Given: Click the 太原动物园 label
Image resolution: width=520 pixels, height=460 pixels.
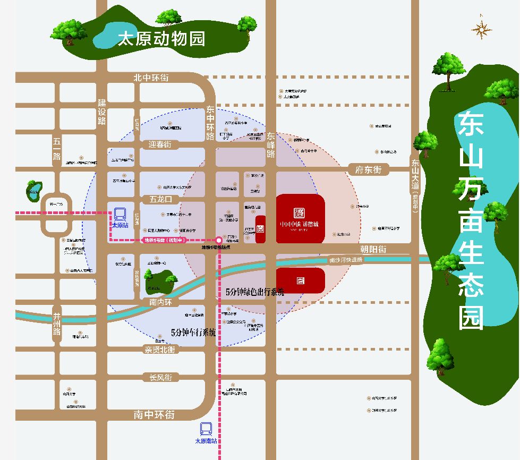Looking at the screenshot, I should (161, 39).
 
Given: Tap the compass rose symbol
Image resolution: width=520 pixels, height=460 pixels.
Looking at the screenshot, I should (481, 30).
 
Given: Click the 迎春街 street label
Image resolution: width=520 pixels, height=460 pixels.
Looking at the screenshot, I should (160, 144).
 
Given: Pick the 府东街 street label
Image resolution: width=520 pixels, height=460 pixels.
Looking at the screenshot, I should (369, 170).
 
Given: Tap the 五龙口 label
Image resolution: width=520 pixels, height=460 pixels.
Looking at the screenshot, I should (161, 200).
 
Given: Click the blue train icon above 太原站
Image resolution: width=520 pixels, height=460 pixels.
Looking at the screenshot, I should (120, 214).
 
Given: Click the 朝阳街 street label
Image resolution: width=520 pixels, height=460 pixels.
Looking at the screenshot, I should (373, 249).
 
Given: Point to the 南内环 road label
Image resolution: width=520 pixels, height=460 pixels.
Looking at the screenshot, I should (162, 302).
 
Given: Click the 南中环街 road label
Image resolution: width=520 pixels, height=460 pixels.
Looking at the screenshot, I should (154, 415).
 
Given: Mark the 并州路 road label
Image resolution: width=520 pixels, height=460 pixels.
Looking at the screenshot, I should (57, 325).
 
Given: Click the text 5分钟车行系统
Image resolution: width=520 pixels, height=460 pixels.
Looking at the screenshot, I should (193, 333).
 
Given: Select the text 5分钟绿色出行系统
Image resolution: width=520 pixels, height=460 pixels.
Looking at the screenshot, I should (255, 292).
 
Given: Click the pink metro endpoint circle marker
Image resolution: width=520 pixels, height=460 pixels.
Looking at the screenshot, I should (219, 240).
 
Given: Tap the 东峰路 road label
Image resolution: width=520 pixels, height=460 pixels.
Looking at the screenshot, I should (271, 145).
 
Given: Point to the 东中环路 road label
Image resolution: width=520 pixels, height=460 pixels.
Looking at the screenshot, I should (210, 123).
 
